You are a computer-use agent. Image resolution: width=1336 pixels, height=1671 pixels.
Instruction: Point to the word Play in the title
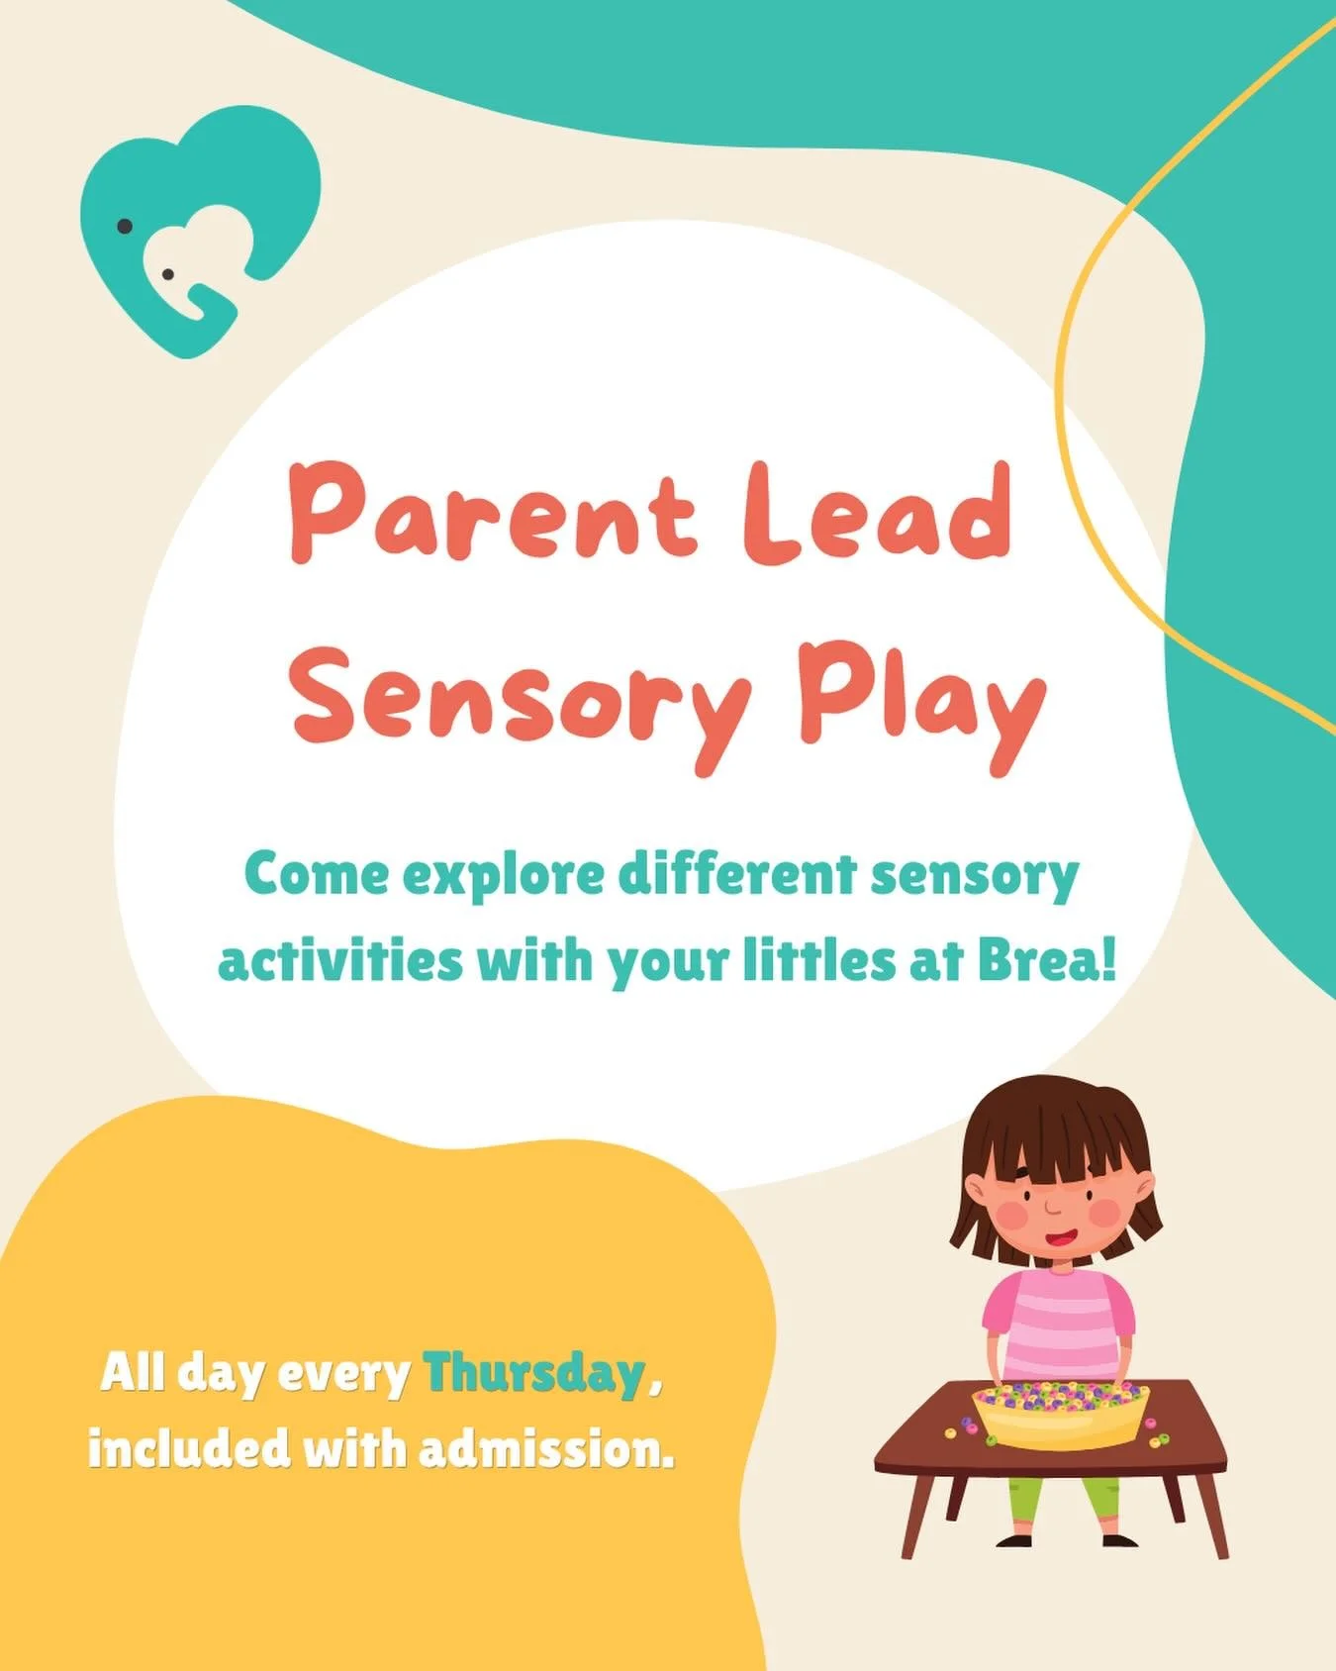(x=920, y=693)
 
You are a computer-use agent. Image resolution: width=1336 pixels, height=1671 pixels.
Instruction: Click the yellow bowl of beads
(x=1059, y=1416)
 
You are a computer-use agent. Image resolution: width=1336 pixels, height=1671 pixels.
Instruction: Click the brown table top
(x=920, y=1445)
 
